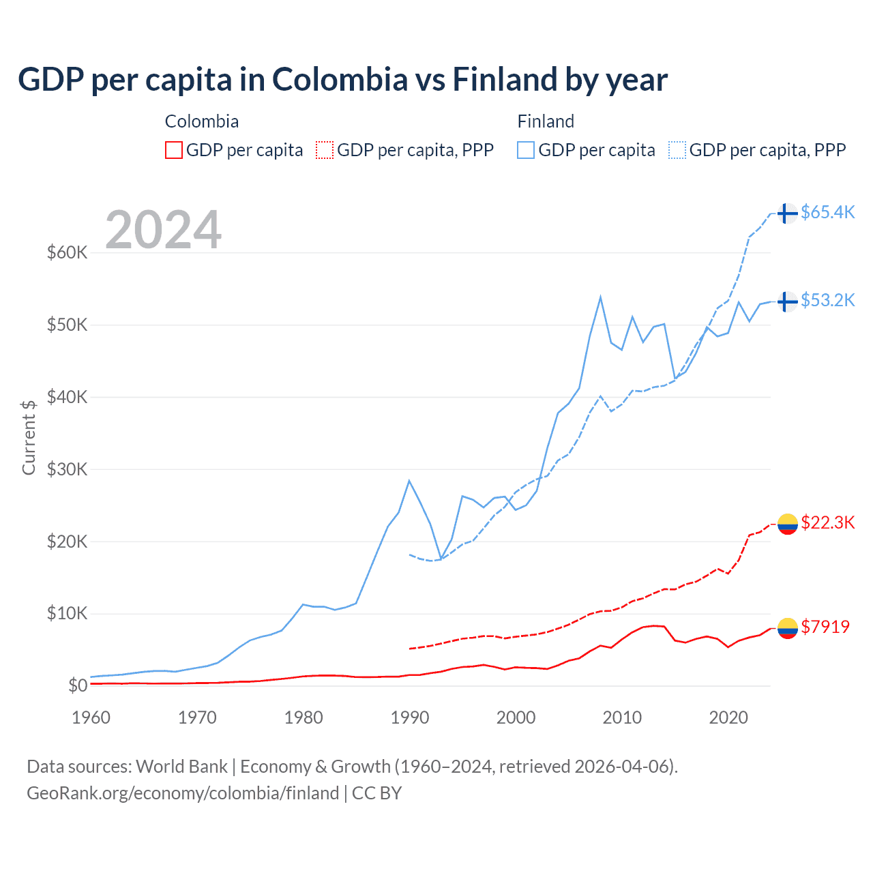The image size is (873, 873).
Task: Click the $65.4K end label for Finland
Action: (x=827, y=212)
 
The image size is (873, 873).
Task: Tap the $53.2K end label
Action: (x=827, y=300)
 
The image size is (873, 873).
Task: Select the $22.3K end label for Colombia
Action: (x=827, y=522)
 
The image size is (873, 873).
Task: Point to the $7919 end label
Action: (x=825, y=627)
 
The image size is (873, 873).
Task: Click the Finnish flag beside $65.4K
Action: (x=788, y=213)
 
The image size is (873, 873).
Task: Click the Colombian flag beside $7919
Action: (x=788, y=627)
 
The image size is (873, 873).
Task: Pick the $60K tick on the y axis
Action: (x=68, y=253)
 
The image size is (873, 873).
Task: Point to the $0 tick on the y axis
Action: (x=78, y=685)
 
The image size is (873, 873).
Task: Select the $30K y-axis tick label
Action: (x=68, y=469)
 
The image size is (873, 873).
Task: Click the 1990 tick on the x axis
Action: (x=409, y=717)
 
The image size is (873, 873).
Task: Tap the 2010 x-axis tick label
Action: (x=622, y=717)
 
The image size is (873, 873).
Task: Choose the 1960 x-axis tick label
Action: (x=91, y=717)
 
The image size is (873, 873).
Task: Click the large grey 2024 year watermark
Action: (x=164, y=229)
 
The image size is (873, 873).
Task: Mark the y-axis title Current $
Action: (x=29, y=437)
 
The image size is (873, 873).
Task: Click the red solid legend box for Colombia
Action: (x=174, y=150)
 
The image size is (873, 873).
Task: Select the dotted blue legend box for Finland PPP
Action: (x=677, y=150)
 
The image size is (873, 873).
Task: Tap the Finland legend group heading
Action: (x=546, y=121)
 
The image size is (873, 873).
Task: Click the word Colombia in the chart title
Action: (x=340, y=79)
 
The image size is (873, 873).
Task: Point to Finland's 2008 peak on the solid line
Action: (x=600, y=297)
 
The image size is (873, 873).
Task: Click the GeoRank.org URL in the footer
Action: (x=183, y=793)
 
